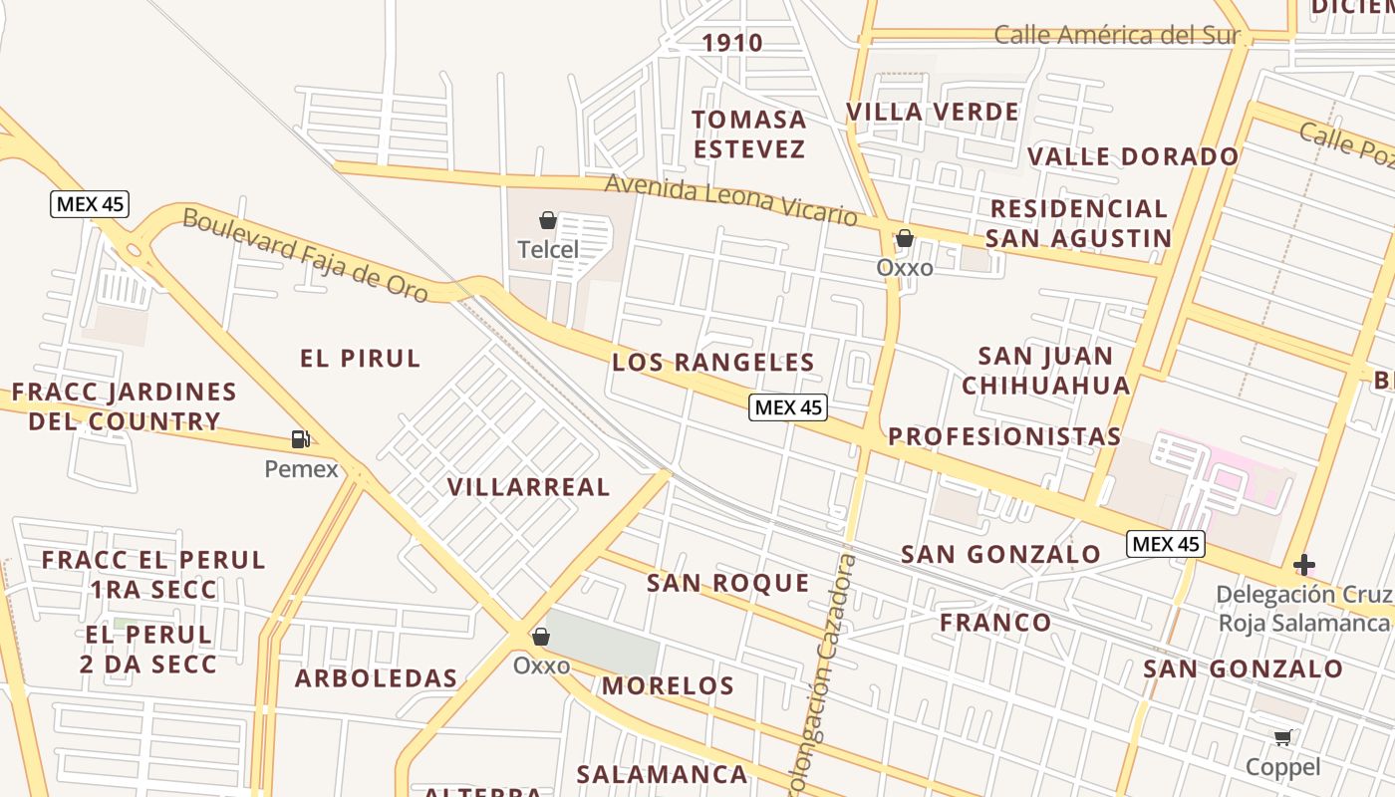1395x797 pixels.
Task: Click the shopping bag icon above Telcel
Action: pyautogui.click(x=547, y=220)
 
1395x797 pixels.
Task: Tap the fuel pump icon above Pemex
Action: pyautogui.click(x=300, y=438)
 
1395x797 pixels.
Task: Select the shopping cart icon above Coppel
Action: pyautogui.click(x=1283, y=738)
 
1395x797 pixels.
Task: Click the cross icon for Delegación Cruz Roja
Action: pyautogui.click(x=1303, y=565)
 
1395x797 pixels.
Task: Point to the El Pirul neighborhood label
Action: pyautogui.click(x=361, y=359)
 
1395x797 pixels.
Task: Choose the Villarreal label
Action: pyautogui.click(x=528, y=487)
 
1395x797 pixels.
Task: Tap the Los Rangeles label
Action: pyautogui.click(x=713, y=362)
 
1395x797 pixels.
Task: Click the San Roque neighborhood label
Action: pyautogui.click(x=728, y=583)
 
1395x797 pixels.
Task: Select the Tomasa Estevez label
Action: pyautogui.click(x=749, y=134)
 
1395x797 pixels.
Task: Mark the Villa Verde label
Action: pyautogui.click(x=933, y=112)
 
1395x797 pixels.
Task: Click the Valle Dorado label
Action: pyautogui.click(x=1133, y=156)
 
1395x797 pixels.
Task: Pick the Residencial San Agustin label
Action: pyautogui.click(x=1078, y=223)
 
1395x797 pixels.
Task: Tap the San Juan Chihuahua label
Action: pyautogui.click(x=1046, y=371)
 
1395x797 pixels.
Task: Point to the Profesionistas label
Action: pyautogui.click(x=1004, y=436)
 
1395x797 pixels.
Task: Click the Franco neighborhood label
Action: pyautogui.click(x=995, y=623)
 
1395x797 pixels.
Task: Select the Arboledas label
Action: pyautogui.click(x=376, y=678)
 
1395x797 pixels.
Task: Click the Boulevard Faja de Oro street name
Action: pyautogui.click(x=306, y=255)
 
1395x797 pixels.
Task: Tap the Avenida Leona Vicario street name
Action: pyautogui.click(x=731, y=199)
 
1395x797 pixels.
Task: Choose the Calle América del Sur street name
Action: pyautogui.click(x=1117, y=36)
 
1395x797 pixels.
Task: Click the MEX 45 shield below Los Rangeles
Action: pyautogui.click(x=789, y=406)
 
